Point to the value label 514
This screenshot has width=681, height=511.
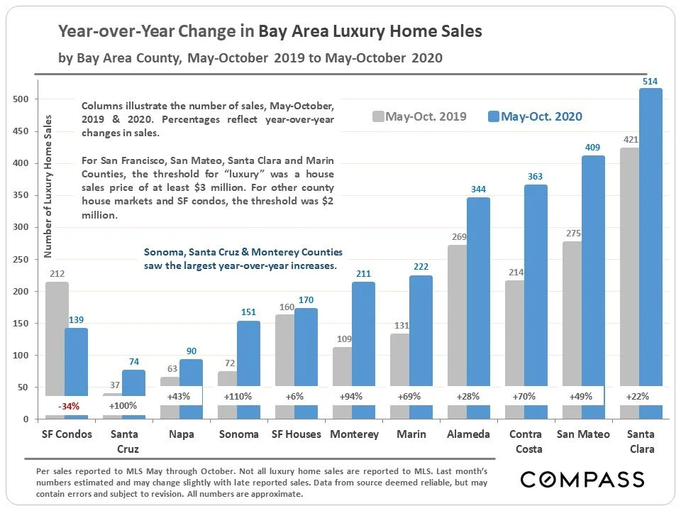650,82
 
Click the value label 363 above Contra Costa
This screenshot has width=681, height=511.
536,178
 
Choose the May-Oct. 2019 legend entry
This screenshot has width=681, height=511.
419,116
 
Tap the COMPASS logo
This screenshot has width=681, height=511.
582,479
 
